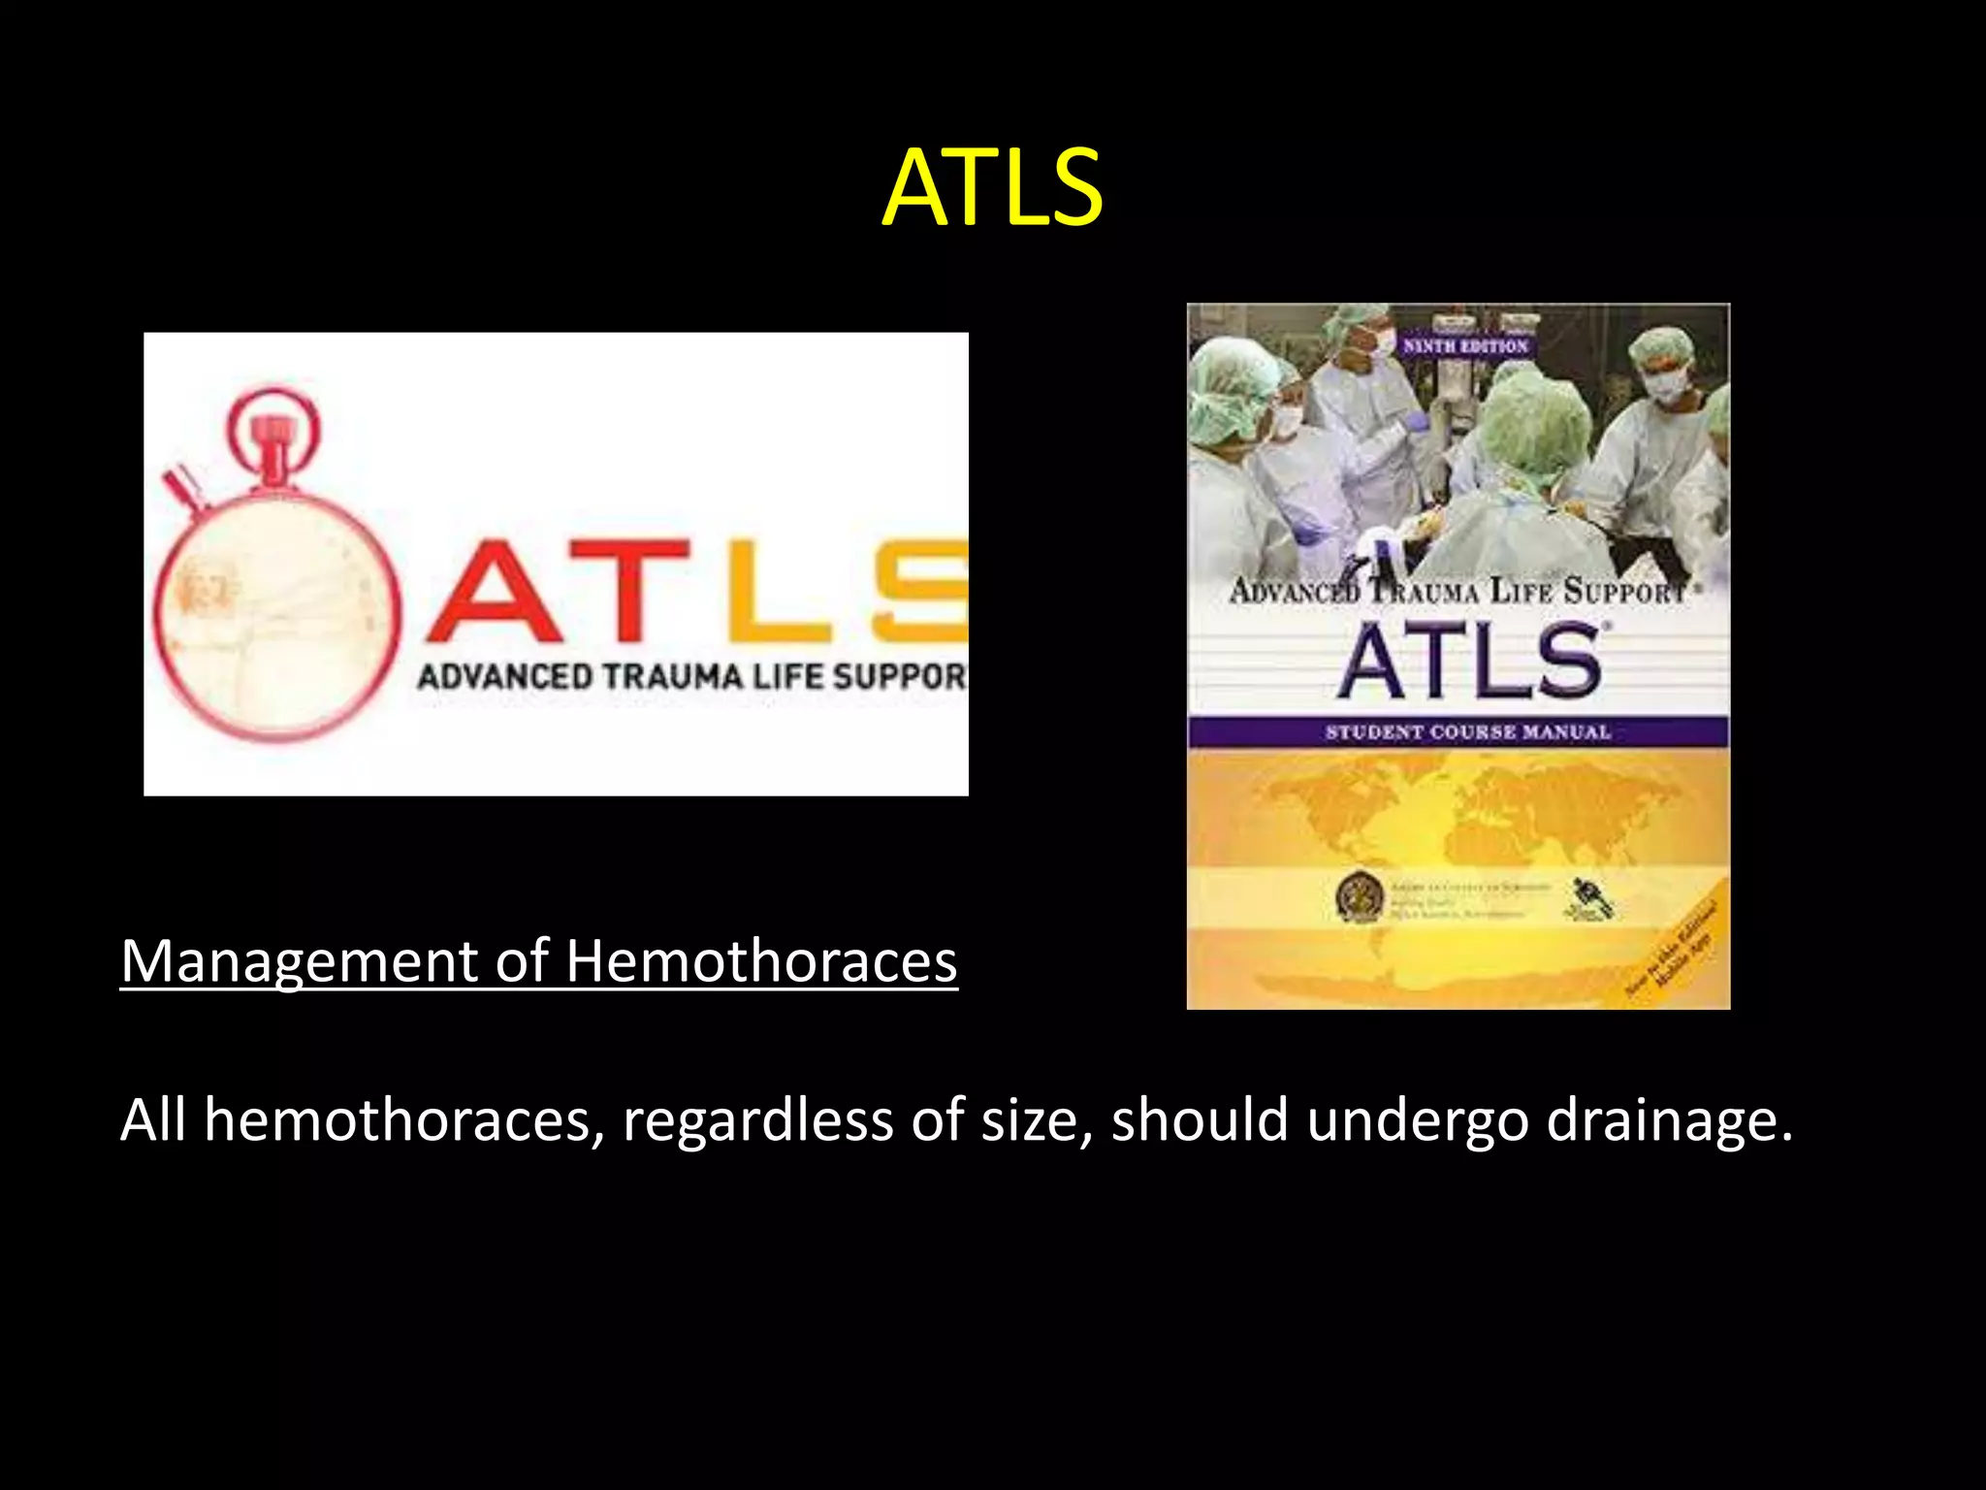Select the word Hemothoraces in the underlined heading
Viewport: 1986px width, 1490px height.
[761, 961]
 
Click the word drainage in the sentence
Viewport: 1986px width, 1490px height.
[1668, 1120]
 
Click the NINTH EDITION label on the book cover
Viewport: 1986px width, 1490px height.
[1464, 346]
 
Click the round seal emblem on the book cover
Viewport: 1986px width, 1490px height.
[1359, 897]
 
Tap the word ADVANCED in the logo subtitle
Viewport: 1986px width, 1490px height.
[504, 676]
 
